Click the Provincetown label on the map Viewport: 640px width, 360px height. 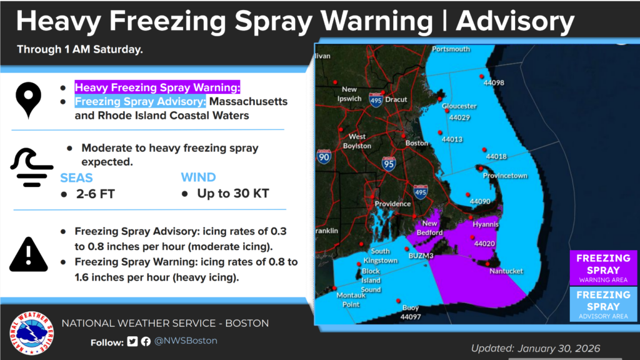[505, 176]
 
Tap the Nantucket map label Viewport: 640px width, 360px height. [507, 271]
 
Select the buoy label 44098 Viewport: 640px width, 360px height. [494, 82]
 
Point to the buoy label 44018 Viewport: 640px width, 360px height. [496, 156]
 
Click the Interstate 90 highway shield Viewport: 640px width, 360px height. [324, 156]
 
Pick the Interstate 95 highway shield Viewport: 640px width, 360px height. [389, 164]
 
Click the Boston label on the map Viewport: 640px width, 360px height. [417, 143]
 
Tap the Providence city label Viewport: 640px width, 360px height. [392, 204]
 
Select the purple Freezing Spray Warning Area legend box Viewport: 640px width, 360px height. [602, 267]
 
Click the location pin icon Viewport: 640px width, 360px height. [29, 101]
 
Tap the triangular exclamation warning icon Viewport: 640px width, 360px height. [28, 253]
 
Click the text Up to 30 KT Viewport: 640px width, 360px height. [232, 194]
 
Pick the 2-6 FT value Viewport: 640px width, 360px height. [94, 194]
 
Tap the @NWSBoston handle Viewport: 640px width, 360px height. [186, 341]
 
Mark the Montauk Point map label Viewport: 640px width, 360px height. [351, 300]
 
